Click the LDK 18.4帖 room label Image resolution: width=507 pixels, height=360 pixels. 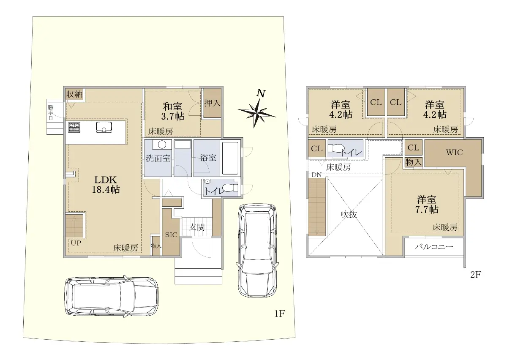point(106,185)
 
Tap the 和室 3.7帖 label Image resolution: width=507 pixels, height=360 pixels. point(173,111)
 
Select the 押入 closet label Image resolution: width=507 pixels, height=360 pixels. point(212,103)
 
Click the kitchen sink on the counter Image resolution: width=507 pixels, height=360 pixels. point(104,127)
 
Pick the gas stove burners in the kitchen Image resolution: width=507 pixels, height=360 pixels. point(74,127)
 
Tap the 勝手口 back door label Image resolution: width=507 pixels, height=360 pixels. point(50,112)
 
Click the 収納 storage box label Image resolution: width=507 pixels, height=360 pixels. point(74,94)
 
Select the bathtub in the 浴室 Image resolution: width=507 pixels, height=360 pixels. point(230,158)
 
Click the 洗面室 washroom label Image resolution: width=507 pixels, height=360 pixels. point(158,158)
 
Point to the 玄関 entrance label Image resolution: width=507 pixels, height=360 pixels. point(197,227)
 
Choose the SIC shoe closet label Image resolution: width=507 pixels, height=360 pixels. point(171,235)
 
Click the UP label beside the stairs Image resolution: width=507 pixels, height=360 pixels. point(76,243)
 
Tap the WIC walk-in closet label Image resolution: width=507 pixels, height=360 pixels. point(455,153)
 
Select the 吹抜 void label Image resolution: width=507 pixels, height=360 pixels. point(349,214)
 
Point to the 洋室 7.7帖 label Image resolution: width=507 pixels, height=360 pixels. point(427,205)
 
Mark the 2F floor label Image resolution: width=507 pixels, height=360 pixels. point(476,275)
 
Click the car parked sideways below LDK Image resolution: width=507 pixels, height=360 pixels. point(112,297)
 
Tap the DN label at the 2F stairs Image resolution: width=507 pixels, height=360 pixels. point(316,175)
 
